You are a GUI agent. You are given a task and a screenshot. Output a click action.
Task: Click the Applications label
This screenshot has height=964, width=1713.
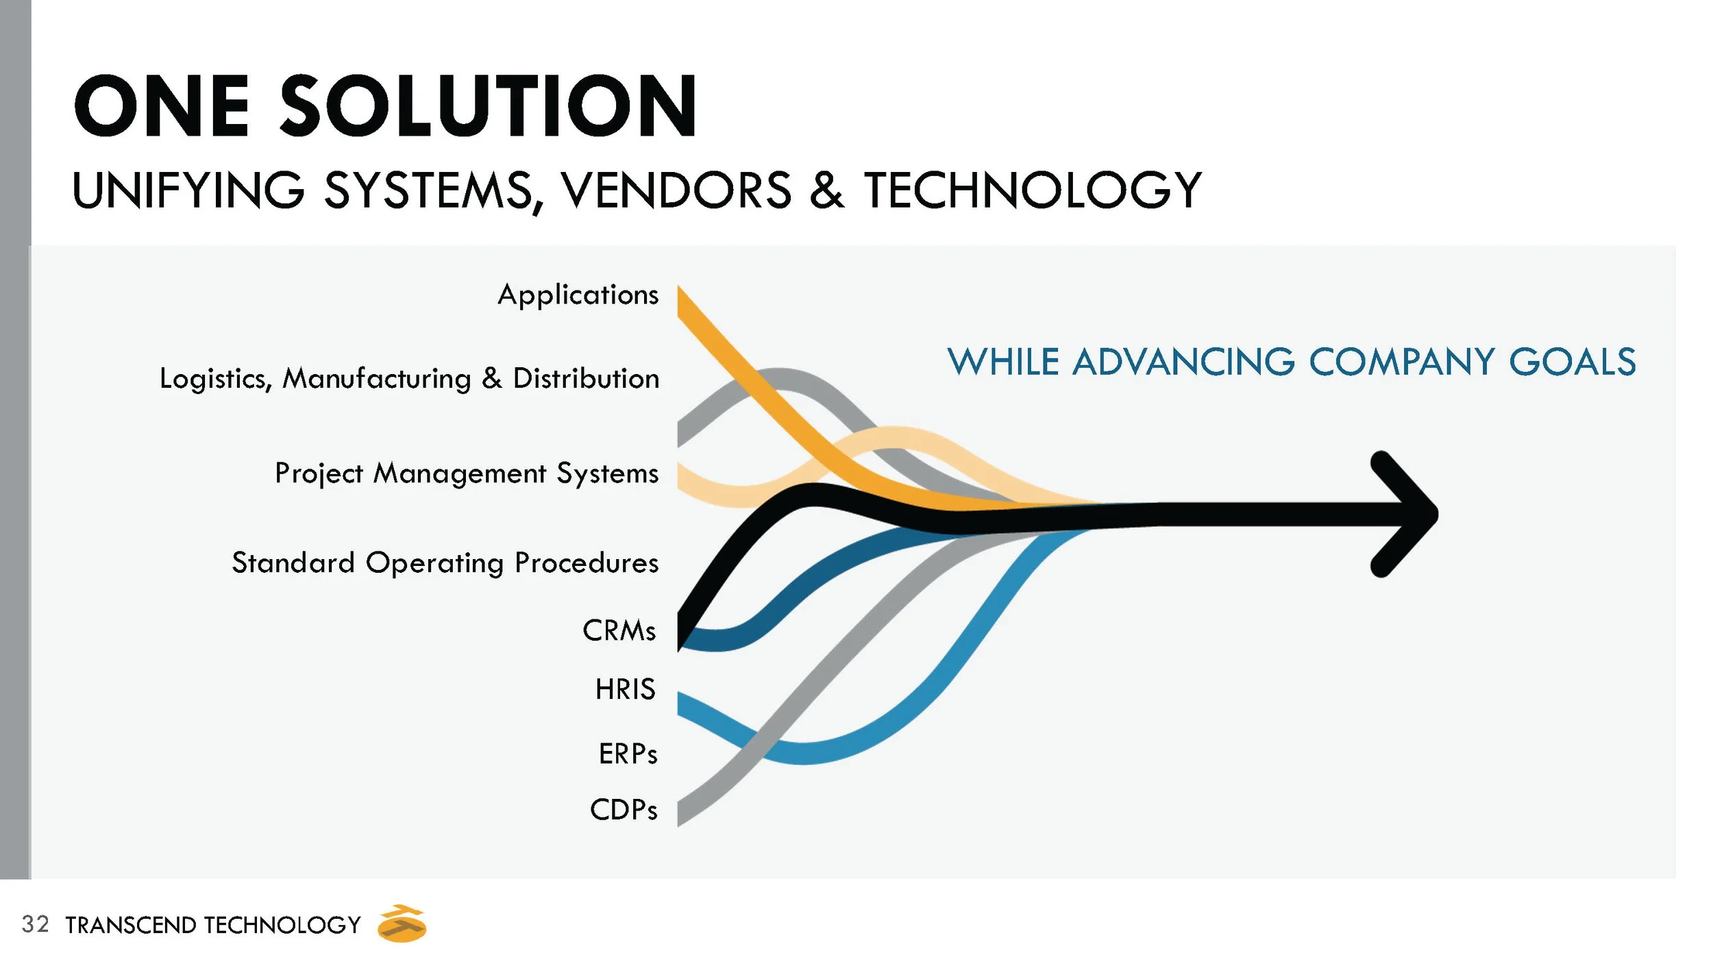pyautogui.click(x=578, y=295)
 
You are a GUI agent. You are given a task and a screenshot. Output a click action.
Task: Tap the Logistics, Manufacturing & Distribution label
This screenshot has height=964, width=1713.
pyautogui.click(x=409, y=379)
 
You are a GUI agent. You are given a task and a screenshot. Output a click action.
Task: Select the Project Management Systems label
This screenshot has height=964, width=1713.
pyautogui.click(x=467, y=473)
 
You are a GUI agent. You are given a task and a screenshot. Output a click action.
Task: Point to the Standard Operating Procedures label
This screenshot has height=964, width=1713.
pyautogui.click(x=445, y=563)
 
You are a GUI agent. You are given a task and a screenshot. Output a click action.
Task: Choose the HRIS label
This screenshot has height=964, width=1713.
pyautogui.click(x=625, y=689)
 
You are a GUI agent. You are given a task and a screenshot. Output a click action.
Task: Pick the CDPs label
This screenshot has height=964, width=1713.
pyautogui.click(x=624, y=810)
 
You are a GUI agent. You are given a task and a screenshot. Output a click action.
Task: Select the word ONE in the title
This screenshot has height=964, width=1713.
pyautogui.click(x=162, y=107)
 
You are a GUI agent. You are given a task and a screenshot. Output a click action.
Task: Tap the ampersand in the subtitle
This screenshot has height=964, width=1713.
pyautogui.click(x=827, y=190)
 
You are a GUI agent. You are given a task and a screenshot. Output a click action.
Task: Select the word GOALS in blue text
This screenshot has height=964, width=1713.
pyautogui.click(x=1572, y=362)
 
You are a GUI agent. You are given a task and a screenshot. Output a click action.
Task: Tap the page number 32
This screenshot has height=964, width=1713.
pyautogui.click(x=35, y=924)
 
